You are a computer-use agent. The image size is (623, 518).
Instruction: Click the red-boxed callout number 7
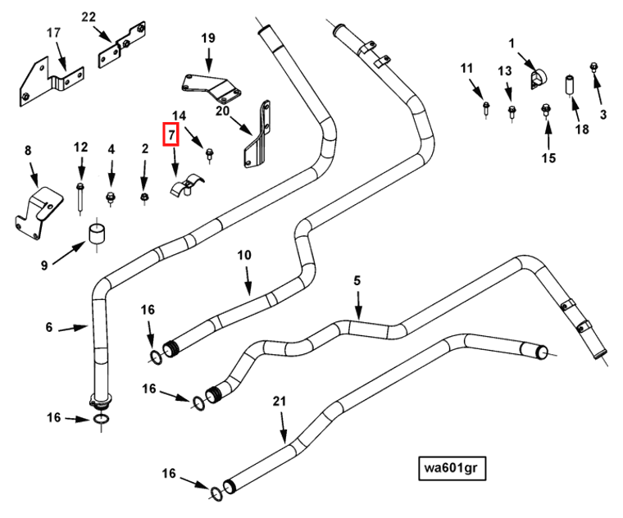pyautogui.click(x=171, y=134)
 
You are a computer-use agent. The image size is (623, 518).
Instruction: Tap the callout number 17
pyautogui.click(x=53, y=34)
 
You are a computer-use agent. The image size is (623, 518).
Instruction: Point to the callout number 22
pyautogui.click(x=88, y=17)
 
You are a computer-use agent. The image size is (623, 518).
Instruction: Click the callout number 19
pyautogui.click(x=208, y=39)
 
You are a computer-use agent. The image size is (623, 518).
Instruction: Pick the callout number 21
pyautogui.click(x=280, y=401)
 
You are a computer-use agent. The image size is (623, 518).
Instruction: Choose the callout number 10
pyautogui.click(x=243, y=255)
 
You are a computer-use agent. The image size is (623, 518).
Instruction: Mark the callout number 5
pyautogui.click(x=357, y=281)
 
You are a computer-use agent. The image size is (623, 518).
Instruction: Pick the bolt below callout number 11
pyautogui.click(x=486, y=106)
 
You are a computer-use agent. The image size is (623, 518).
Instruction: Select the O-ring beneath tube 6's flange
pyautogui.click(x=98, y=420)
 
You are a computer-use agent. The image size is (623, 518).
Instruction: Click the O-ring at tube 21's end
pyautogui.click(x=216, y=493)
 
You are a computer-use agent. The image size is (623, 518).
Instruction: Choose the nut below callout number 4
pyautogui.click(x=111, y=198)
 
